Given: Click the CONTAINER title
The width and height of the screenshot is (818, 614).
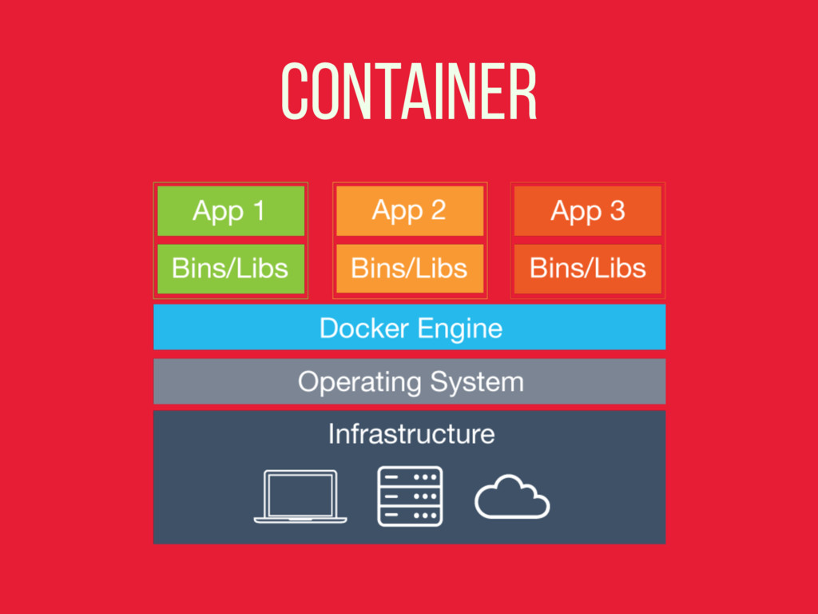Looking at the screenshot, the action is point(409,93).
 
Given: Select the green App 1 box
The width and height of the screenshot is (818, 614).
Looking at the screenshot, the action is point(231,211).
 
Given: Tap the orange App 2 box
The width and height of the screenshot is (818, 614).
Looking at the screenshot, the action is point(410,211).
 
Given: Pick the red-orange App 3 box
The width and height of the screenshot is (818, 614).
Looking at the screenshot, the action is point(588,211).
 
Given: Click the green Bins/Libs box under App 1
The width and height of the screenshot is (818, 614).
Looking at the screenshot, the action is point(231,269).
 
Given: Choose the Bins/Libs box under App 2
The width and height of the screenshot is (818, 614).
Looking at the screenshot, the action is point(410,269).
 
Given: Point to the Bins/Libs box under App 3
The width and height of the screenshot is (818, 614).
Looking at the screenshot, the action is point(588,269).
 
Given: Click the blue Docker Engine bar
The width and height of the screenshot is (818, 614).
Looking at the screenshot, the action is point(409,327).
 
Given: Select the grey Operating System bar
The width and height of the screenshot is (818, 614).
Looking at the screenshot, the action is point(409,381).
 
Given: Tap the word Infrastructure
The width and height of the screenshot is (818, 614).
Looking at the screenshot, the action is point(411,434).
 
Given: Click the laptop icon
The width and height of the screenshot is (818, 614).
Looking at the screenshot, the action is point(300,496).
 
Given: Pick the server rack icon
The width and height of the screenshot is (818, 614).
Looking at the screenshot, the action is point(410,496).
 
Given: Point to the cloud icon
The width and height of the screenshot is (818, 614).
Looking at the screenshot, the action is point(512,496).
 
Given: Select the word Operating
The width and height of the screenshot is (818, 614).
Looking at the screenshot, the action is point(361,382).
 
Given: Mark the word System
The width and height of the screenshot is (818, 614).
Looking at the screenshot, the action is point(478,382).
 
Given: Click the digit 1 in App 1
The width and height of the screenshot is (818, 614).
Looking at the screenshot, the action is point(258,211).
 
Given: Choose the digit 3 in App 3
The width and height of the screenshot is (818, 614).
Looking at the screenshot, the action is point(617,211).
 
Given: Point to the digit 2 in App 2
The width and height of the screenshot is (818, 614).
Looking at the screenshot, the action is point(438,211).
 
